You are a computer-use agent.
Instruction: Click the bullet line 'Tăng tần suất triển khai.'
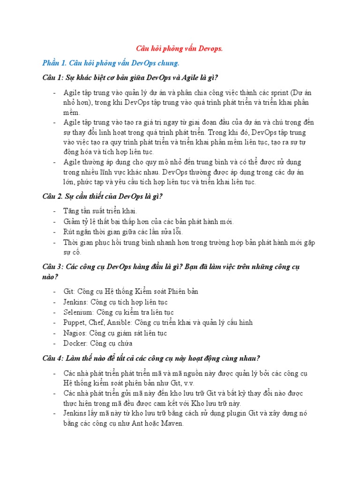pos(100,211)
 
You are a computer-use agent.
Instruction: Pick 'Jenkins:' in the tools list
pos(76,302)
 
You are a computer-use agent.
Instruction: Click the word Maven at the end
pos(172,424)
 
